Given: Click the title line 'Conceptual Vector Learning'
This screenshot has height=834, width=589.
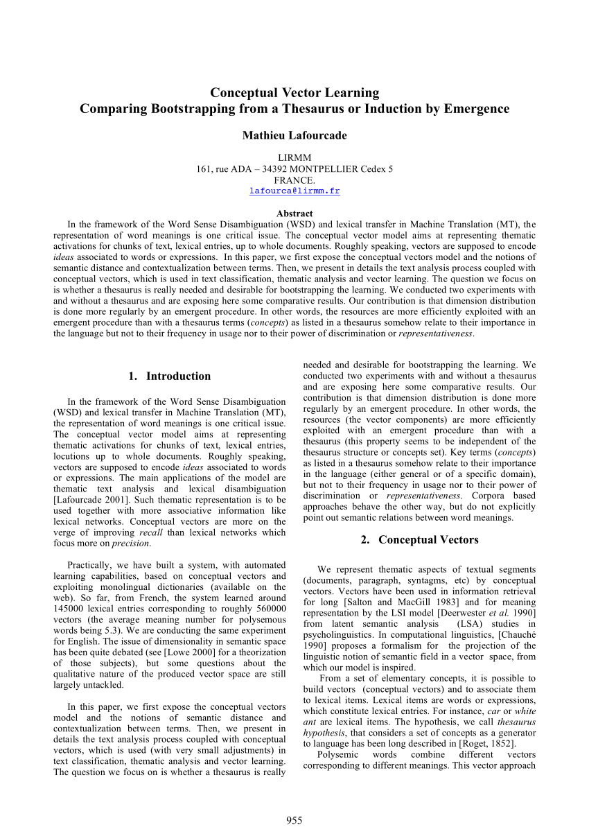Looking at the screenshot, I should (x=294, y=93).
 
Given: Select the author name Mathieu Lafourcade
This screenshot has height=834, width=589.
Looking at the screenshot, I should (x=294, y=135).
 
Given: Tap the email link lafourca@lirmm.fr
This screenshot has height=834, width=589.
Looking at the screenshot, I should (x=294, y=191).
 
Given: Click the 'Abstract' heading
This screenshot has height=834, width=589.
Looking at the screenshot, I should (x=294, y=214).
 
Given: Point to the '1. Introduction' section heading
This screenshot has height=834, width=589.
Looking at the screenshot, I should (x=170, y=376).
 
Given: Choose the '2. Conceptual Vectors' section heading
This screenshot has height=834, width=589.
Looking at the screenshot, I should (x=419, y=540).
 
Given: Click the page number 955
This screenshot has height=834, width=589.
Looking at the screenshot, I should (x=294, y=821).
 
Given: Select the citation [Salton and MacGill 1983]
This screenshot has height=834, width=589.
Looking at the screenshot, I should (x=378, y=602).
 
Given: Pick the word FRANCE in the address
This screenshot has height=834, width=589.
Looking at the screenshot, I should (x=294, y=180).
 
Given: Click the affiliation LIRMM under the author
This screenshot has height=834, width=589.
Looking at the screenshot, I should (x=294, y=157).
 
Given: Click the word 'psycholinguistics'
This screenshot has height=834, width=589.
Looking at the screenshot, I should (x=340, y=635).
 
